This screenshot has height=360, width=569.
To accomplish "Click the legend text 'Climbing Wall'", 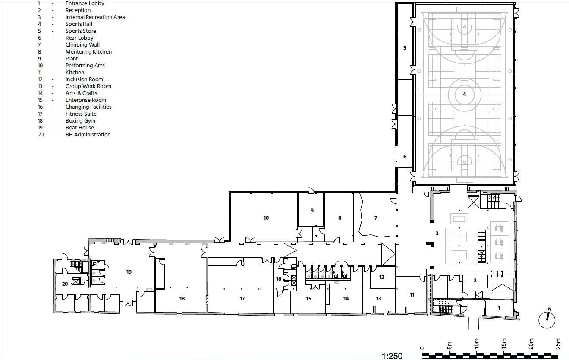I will [x=82, y=45].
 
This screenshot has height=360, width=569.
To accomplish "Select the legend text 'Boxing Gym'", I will [x=80, y=121].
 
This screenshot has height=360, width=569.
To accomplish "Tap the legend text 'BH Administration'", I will [x=88, y=135].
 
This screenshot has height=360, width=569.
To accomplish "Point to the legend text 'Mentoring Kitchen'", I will [x=88, y=52].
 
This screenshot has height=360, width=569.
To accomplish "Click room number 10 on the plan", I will [x=266, y=218].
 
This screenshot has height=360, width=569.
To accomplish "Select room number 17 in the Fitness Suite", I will [x=242, y=299].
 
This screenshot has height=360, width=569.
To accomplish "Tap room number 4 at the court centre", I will [x=465, y=94].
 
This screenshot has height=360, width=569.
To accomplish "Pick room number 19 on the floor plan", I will [x=129, y=272].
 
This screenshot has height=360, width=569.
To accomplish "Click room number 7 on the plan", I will [x=376, y=218].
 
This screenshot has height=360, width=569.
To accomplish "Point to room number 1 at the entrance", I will [x=499, y=308].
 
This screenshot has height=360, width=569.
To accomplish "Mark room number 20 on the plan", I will [x=65, y=284].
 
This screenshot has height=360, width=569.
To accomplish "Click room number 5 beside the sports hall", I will [x=405, y=48].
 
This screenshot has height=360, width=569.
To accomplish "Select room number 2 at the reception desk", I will [x=475, y=281].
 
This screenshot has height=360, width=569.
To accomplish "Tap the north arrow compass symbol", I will [x=547, y=319].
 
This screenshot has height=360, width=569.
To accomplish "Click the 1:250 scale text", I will [x=392, y=356].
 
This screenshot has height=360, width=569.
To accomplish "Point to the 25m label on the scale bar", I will [x=558, y=344].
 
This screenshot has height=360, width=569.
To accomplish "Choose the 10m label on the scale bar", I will [x=477, y=344].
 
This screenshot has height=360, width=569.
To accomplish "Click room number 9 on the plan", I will [x=311, y=211].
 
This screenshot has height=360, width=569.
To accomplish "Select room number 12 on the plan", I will [x=381, y=277].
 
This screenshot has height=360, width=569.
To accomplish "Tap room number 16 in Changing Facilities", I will [x=279, y=279].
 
